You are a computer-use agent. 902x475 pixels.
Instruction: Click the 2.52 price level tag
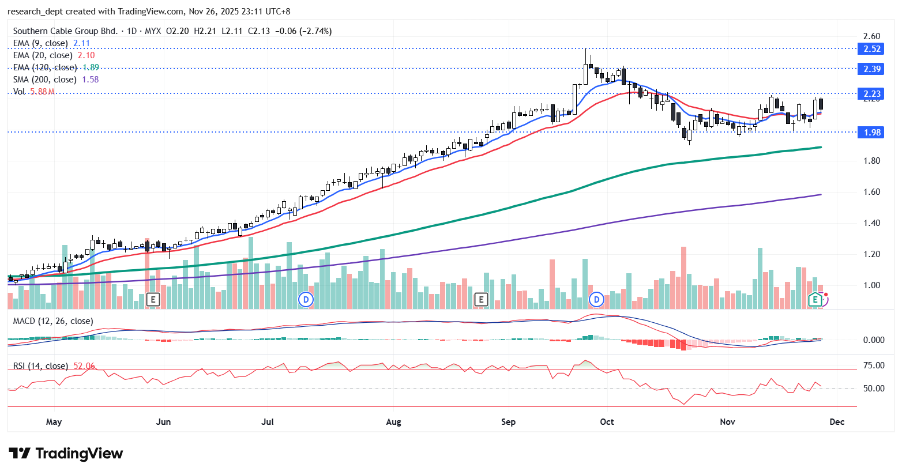(x=872, y=49)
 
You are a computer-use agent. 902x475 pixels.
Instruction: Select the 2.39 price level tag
(x=872, y=69)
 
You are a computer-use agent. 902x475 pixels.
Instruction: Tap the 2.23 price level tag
(x=872, y=94)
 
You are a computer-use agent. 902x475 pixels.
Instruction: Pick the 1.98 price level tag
(x=872, y=133)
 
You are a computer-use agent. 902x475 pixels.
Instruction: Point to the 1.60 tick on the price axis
(x=871, y=192)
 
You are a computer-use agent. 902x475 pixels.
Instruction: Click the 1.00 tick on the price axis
(x=871, y=285)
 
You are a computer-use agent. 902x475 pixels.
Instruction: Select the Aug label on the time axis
(x=393, y=422)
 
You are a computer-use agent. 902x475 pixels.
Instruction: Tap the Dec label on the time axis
(x=837, y=422)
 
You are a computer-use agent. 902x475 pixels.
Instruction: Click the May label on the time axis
(x=54, y=422)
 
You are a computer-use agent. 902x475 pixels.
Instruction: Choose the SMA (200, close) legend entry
(x=44, y=80)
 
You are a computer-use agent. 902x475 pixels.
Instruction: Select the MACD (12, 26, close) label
(x=53, y=321)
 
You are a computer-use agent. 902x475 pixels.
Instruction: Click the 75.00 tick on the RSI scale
(x=874, y=365)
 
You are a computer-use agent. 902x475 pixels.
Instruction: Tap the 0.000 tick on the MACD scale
(x=874, y=340)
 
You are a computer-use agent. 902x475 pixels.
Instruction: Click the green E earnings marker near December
(x=814, y=299)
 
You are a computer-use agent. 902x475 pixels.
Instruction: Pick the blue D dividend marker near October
(x=596, y=299)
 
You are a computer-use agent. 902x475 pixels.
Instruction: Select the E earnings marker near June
(x=153, y=299)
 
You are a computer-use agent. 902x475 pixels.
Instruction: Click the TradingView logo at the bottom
(x=66, y=454)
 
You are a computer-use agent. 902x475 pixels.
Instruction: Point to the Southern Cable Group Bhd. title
(x=65, y=31)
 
